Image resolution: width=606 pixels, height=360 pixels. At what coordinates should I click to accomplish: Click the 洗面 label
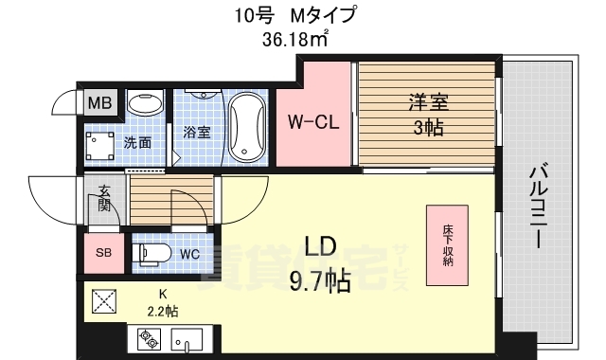[x=137, y=143]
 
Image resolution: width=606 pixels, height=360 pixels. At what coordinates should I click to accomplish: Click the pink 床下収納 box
[x=445, y=245]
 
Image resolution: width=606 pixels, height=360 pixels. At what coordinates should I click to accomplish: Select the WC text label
[x=188, y=254]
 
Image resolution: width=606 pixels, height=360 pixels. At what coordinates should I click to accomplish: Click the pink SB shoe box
[x=103, y=252]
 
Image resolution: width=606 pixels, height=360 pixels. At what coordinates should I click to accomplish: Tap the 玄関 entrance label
[x=103, y=200]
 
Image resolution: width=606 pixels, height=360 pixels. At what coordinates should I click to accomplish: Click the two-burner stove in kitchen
[x=150, y=337]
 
